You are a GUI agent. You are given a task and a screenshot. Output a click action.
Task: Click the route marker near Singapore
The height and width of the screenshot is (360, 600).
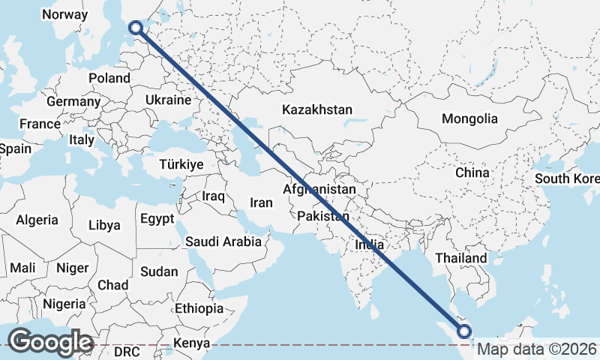click(464, 331)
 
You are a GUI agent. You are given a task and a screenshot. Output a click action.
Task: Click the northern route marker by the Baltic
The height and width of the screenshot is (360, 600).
click(136, 28)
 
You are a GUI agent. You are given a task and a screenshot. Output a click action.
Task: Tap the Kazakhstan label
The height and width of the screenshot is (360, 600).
click(317, 109)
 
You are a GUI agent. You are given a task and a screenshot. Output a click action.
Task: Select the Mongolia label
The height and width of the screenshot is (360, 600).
click(469, 118)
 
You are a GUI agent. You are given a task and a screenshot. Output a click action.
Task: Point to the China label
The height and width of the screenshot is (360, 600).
click(472, 172)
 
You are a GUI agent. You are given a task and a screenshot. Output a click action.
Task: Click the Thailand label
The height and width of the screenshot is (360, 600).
click(461, 258)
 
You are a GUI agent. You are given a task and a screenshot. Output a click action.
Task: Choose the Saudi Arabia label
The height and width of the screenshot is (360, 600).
click(223, 241)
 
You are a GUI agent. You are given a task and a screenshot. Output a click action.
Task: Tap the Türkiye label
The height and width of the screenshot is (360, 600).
click(182, 164)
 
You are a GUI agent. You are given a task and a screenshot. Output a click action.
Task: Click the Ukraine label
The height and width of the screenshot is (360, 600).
click(169, 100)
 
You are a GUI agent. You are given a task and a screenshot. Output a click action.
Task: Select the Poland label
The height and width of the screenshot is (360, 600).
click(109, 78)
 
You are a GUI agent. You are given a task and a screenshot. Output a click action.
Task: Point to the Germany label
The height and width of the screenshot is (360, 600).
click(73, 101)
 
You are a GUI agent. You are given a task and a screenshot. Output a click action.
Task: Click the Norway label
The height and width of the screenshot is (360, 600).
click(65, 14)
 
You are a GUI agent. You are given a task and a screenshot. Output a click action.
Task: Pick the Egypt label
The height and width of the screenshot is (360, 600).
click(157, 219)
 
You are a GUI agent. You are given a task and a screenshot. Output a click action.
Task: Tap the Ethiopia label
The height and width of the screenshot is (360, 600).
click(199, 308)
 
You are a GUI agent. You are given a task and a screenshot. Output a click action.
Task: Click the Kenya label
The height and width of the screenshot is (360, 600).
click(191, 344)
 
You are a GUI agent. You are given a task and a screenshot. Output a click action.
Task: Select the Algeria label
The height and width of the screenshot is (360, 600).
click(37, 220)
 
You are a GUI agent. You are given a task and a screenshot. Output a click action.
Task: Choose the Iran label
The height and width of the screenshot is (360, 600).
click(261, 202)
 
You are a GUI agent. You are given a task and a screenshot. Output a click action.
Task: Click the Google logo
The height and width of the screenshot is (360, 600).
click(50, 341)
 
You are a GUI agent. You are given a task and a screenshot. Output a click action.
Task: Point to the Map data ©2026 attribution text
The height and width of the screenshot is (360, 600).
click(537, 349)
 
